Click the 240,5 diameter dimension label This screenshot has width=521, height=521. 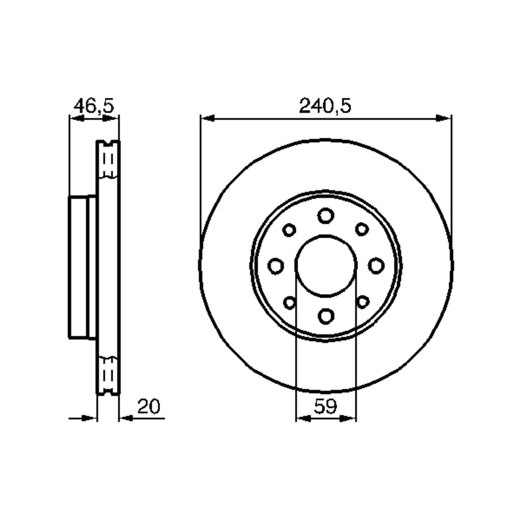coord(325,106)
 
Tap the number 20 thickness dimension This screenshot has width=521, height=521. coord(149,406)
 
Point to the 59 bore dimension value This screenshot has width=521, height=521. coord(325,406)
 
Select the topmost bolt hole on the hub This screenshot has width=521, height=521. coord(326,215)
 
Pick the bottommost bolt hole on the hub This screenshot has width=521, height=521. coord(326,316)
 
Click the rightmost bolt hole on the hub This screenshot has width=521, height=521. coord(376,266)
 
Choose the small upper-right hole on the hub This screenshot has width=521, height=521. coord(362,230)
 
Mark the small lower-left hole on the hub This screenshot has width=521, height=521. coord(290,302)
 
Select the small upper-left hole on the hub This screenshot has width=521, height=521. coord(290,230)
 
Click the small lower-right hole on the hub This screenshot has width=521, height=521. coord(362,302)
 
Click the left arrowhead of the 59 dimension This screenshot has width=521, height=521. coord(303,418)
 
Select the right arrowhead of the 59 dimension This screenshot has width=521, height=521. coord(349,418)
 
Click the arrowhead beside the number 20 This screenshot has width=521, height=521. coord(126,418)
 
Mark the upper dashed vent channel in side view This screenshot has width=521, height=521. coord(108,161)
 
